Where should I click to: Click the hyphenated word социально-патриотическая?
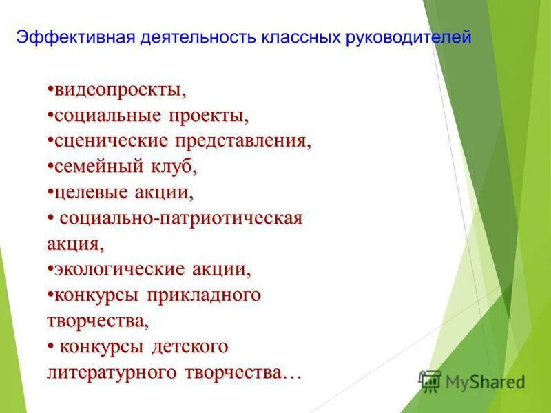click(x=181, y=218)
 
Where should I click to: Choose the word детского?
click(x=189, y=346)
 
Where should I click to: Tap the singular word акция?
click(x=74, y=244)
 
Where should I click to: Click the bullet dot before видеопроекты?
click(x=51, y=90)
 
